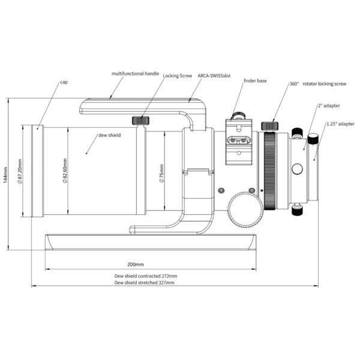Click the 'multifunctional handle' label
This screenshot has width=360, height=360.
click(x=136, y=73)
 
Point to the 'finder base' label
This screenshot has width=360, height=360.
click(x=255, y=80)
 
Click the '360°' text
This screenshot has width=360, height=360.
click(x=294, y=85)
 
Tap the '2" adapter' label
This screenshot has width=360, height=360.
click(x=329, y=106)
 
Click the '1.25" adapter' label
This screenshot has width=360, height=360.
click(x=340, y=124)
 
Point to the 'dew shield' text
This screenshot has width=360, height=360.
click(x=109, y=136)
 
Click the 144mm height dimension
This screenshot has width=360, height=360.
click(x=5, y=173)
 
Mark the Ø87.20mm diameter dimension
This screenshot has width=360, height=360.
click(x=20, y=172)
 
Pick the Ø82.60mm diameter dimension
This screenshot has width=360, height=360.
click(x=64, y=172)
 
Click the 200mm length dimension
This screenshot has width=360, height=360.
click(x=136, y=264)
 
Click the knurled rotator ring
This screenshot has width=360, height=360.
click(x=269, y=170)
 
